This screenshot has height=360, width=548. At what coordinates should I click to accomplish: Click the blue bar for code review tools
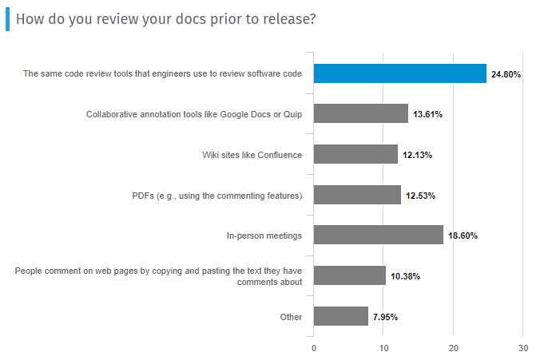[399, 73]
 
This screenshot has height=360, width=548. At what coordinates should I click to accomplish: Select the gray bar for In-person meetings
[378, 235]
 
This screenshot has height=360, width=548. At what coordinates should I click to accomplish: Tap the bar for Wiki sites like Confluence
[355, 154]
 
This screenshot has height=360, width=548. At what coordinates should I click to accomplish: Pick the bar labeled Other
[341, 316]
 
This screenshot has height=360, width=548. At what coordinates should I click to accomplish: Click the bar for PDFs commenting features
[357, 195]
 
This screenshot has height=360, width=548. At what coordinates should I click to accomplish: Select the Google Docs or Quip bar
[361, 114]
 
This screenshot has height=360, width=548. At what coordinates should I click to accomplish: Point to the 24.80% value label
[506, 74]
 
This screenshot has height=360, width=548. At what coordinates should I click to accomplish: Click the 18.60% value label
[463, 235]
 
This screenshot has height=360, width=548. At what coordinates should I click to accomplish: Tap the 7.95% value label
[384, 317]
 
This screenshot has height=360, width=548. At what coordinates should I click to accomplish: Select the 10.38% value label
[406, 276]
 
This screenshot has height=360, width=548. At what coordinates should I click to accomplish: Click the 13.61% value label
[428, 115]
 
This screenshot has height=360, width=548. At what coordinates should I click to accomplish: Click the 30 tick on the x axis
[523, 348]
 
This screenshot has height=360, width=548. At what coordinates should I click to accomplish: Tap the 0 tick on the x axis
[314, 348]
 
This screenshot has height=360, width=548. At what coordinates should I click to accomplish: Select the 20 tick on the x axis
[453, 348]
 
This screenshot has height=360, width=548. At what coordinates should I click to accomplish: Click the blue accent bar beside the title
[7, 19]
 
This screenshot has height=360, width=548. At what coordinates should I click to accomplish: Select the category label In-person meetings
[264, 235]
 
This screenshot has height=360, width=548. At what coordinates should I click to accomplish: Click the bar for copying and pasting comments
[350, 275]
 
